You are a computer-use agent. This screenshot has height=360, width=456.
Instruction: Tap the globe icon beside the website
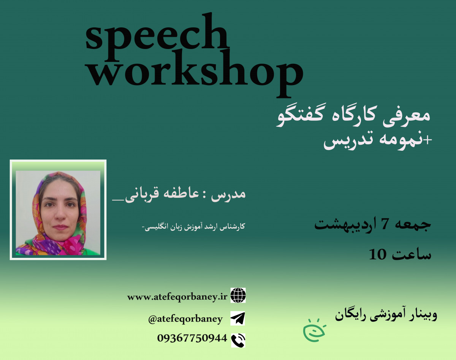coord(238,295)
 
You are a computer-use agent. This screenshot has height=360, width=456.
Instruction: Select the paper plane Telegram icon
coord(238,318)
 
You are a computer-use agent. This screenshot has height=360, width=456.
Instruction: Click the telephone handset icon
coord(238,340)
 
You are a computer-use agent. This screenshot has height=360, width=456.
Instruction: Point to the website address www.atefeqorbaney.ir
coord(177,297)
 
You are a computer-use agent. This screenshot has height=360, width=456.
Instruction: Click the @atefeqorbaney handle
coord(185,319)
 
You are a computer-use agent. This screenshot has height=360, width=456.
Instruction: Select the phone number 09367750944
coord(192,338)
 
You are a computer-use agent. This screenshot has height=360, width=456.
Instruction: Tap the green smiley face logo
coord(314,330)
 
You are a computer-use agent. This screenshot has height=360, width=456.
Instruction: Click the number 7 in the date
coord(384,224)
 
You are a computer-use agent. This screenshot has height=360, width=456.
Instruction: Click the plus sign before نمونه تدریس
coord(429,141)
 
